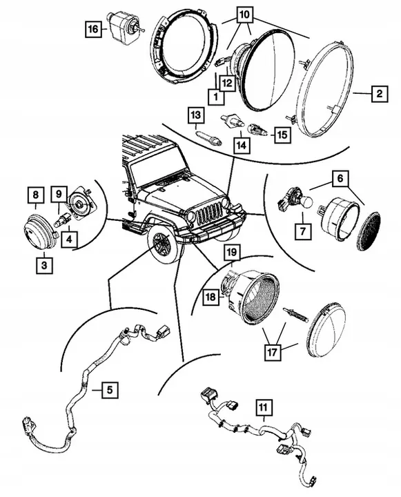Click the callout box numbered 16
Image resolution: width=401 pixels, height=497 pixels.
[x=94, y=29]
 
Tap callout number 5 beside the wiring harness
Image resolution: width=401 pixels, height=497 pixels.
[x=108, y=391]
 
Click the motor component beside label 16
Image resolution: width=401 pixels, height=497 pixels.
[x=125, y=28]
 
